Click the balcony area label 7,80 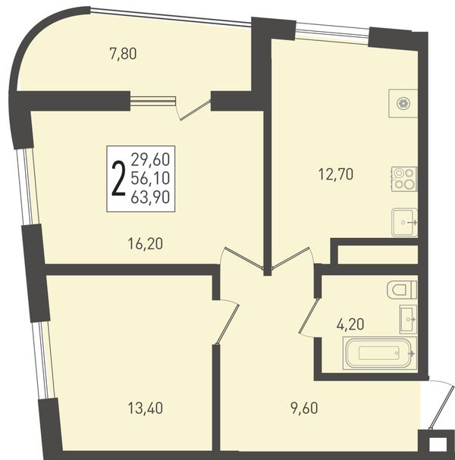click(123, 55)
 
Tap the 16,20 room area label click(146, 244)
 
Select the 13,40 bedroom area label click(146, 408)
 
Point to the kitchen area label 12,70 click(336, 174)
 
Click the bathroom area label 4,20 click(350, 324)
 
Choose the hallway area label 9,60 click(304, 408)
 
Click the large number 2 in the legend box click(118, 179)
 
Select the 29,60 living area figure click(150, 160)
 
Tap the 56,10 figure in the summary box click(150, 178)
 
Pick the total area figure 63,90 click(150, 197)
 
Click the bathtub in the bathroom click(380, 353)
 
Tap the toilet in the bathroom click(402, 289)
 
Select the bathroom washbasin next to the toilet click(408, 319)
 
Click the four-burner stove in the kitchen click(404, 179)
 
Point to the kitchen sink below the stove click(404, 222)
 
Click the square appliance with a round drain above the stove click(403, 104)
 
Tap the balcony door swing click(193, 109)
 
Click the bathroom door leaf click(308, 316)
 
